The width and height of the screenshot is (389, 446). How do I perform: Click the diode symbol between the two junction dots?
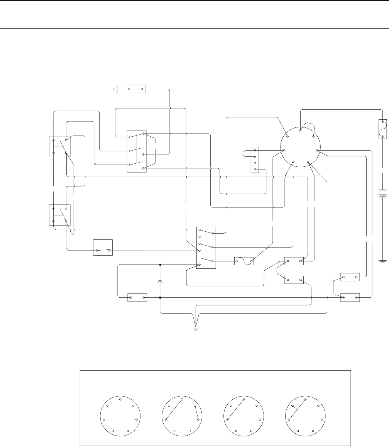tap(160, 281)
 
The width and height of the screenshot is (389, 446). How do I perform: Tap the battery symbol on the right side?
tap(382, 193)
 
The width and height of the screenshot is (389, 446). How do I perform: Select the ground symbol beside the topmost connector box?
tap(115, 89)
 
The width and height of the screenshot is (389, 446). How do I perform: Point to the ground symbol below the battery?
tap(382, 262)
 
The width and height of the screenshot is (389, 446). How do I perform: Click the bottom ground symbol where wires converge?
tap(196, 328)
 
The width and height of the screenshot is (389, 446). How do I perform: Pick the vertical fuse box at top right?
tap(382, 129)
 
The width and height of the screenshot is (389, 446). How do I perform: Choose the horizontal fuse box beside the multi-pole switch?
tap(244, 261)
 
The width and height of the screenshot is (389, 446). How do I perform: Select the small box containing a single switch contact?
tap(103, 248)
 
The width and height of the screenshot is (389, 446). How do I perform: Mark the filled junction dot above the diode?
tap(160, 265)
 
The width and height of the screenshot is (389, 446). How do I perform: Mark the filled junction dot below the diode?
tap(160, 298)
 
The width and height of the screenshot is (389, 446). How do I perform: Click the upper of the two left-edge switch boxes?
tap(59, 146)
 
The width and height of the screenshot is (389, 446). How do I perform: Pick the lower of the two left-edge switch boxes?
tap(59, 215)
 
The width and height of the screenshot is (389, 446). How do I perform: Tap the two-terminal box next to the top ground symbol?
tap(135, 89)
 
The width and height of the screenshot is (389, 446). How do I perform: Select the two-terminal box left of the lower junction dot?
tap(137, 298)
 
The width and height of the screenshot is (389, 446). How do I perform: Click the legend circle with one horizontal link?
tap(120, 417)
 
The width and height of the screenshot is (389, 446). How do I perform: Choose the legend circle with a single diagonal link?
tap(244, 417)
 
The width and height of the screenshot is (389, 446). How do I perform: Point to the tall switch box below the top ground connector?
tap(137, 151)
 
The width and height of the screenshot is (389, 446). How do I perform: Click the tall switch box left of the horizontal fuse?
tap(206, 248)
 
